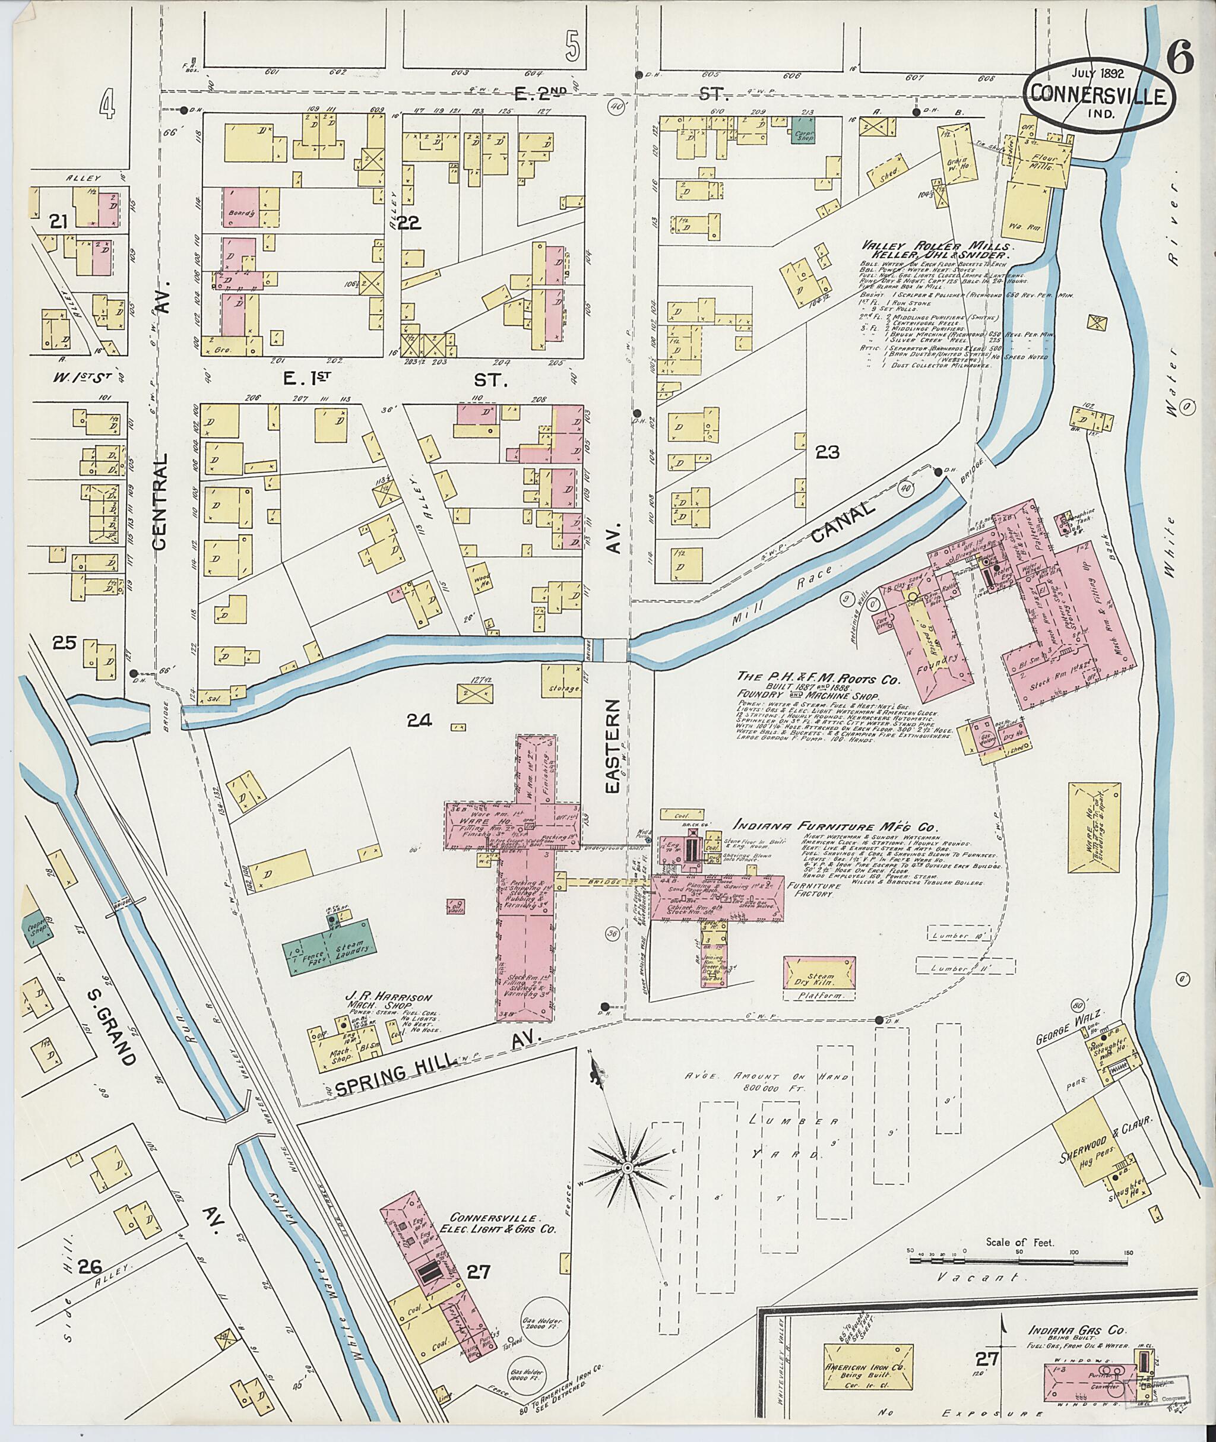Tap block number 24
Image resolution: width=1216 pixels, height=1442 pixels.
419,720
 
